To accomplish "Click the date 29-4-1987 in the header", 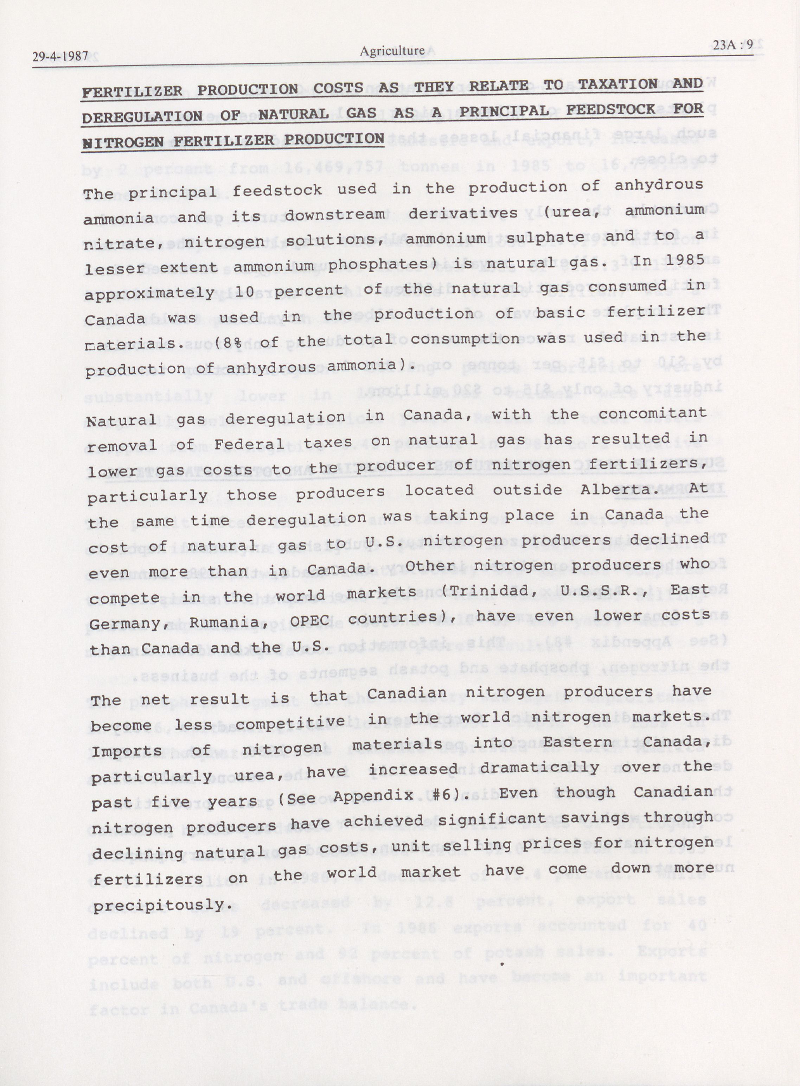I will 60,56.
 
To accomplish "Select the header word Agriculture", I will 392,50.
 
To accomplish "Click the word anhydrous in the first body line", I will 659,185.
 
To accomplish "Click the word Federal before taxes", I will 249,443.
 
